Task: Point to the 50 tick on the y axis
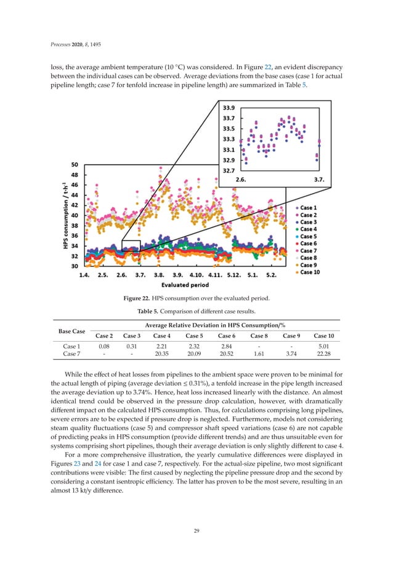tap(75, 165)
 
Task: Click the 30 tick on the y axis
tap(75, 266)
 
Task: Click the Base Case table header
tap(71, 331)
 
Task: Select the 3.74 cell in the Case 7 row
tap(290, 357)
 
